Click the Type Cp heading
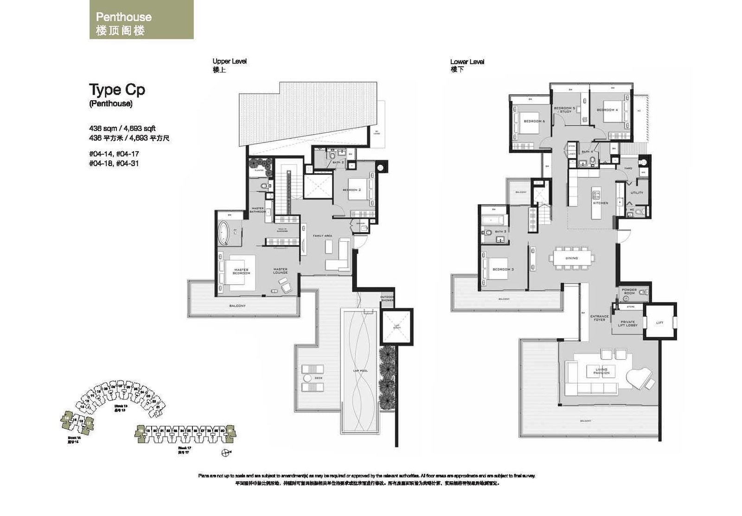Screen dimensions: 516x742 click(x=117, y=89)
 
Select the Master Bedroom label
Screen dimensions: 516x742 click(x=241, y=271)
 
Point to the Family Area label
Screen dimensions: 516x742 click(x=322, y=236)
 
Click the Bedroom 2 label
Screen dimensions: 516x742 click(x=352, y=190)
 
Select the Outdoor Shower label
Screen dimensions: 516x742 click(x=387, y=298)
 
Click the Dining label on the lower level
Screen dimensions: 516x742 click(x=571, y=258)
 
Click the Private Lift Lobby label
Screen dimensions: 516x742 click(x=627, y=323)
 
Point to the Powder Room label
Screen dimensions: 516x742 click(x=629, y=291)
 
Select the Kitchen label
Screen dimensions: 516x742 click(x=601, y=203)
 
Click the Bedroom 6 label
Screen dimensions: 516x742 click(x=534, y=121)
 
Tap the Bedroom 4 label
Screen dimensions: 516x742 click(x=607, y=110)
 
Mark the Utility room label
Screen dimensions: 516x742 click(x=637, y=193)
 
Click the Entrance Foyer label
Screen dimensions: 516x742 click(x=599, y=318)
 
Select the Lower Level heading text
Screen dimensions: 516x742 click(x=467, y=62)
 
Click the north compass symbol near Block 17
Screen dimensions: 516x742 click(x=225, y=452)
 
